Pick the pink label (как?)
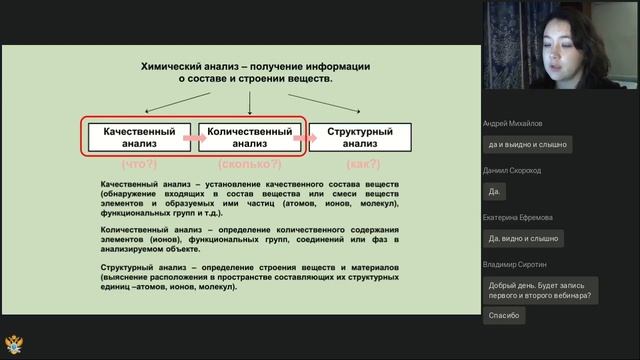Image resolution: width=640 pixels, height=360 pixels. pyautogui.click(x=361, y=163)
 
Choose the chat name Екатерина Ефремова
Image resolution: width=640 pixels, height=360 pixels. pyautogui.click(x=518, y=218)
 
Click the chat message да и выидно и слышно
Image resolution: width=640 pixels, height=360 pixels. pyautogui.click(x=527, y=144)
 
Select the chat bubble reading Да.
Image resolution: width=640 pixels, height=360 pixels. pyautogui.click(x=493, y=191)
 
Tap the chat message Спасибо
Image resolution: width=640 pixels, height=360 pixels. pyautogui.click(x=503, y=315)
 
